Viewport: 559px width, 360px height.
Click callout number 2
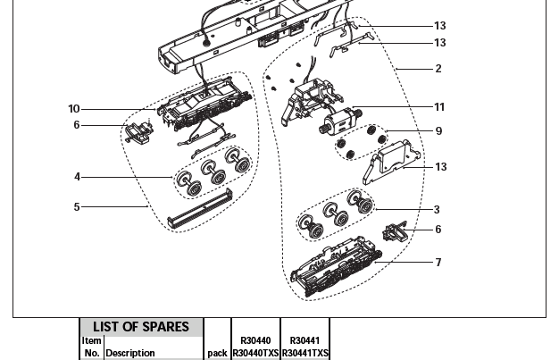tap(438, 69)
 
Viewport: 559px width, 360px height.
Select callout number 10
tap(73, 109)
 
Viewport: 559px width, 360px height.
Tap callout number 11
tap(438, 107)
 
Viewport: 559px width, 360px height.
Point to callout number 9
tap(438, 131)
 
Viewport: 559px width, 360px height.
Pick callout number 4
tap(77, 177)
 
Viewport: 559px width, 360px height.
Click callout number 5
tap(77, 207)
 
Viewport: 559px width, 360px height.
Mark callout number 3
tap(437, 210)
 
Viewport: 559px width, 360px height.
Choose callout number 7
tap(438, 263)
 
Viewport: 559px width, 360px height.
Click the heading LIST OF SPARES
tap(141, 327)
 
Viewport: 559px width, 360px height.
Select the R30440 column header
tap(255, 340)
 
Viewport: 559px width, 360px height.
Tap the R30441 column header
tap(305, 340)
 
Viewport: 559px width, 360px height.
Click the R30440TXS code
tap(255, 353)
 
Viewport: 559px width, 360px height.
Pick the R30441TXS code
tap(305, 353)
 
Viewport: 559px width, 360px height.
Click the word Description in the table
tap(130, 353)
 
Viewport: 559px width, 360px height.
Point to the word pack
tap(217, 353)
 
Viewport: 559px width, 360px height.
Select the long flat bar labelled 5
tap(200, 207)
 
